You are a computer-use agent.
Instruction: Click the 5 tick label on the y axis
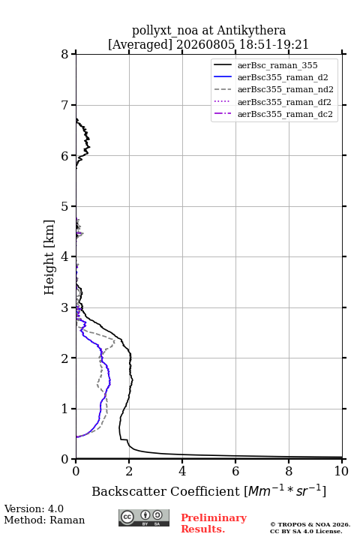pyautogui.click(x=65, y=206)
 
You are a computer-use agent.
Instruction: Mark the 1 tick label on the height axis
pyautogui.click(x=65, y=409)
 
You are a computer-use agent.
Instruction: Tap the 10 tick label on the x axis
pyautogui.click(x=341, y=471)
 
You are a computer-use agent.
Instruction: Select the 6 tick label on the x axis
pyautogui.click(x=235, y=471)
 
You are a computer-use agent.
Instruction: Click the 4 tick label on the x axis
pyautogui.click(x=182, y=471)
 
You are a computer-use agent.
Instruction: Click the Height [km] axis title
pyautogui.click(x=49, y=257)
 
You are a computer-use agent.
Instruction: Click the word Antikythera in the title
pyautogui.click(x=251, y=31)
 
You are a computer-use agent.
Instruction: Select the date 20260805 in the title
pyautogui.click(x=205, y=44)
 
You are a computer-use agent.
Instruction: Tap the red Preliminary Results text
pyautogui.click(x=214, y=523)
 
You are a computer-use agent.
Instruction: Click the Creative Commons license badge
pyautogui.click(x=144, y=517)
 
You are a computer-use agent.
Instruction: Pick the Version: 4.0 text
pyautogui.click(x=34, y=508)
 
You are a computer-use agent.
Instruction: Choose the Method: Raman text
pyautogui.click(x=44, y=520)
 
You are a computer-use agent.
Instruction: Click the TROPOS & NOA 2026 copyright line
pyautogui.click(x=310, y=524)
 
